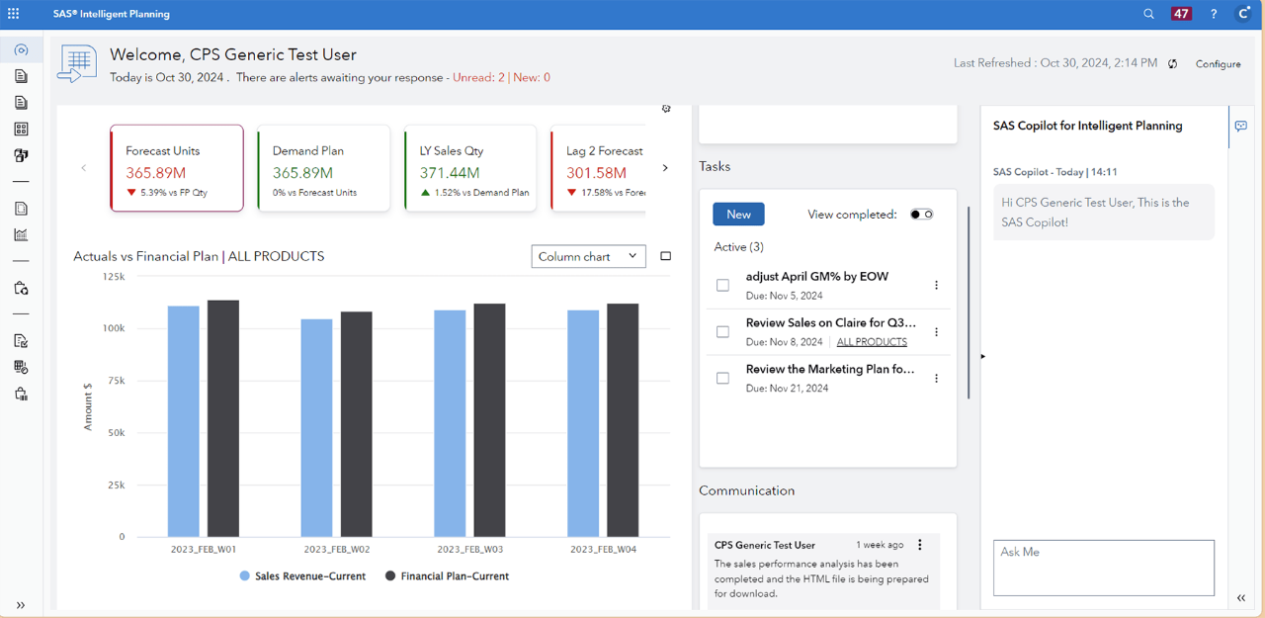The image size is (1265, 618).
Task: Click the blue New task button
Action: point(738,215)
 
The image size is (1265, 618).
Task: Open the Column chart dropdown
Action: point(588,257)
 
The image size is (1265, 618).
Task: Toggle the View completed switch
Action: point(921,215)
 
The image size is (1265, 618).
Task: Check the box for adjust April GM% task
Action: point(722,286)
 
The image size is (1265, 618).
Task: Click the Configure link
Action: point(1218,64)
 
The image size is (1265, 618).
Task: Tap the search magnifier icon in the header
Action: point(1148,14)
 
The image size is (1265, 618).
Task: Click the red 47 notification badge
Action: point(1181,14)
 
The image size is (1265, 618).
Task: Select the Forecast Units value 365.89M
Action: point(156,173)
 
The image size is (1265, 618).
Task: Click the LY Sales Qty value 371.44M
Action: point(450,173)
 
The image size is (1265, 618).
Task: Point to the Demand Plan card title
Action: point(308,151)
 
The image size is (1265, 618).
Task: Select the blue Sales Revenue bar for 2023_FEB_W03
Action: point(450,423)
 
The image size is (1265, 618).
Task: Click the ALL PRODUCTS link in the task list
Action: point(871,342)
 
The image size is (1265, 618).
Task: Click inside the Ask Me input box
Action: point(1103,568)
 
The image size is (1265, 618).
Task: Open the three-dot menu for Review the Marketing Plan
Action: point(936,379)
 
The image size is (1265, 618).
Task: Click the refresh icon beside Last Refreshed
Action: point(1173,64)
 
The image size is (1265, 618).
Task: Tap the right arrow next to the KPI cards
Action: point(665,168)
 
